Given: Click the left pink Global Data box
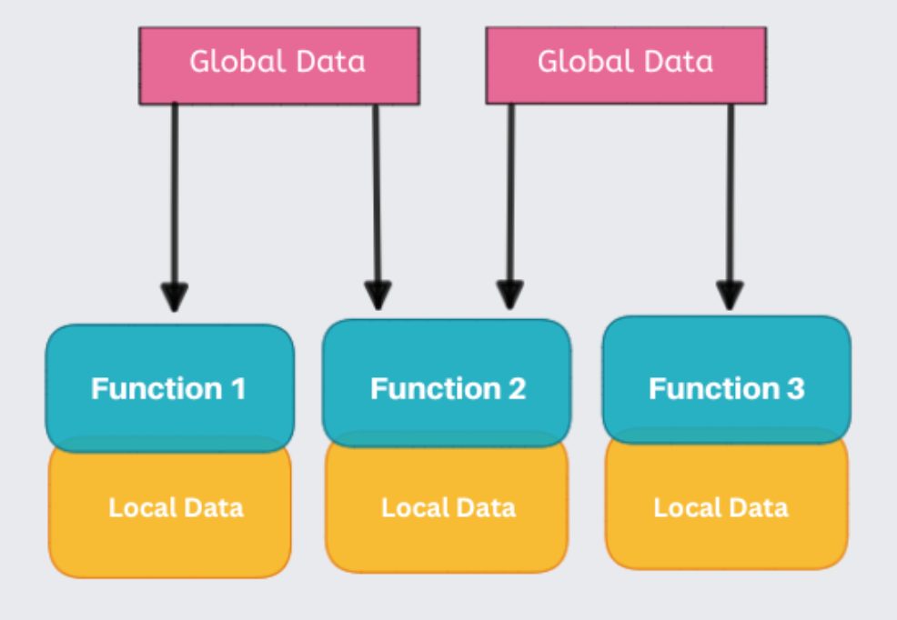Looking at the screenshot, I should (278, 65).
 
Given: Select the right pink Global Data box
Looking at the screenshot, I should (626, 65).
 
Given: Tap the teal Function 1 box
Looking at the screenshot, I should (170, 387).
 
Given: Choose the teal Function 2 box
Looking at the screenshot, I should (447, 387).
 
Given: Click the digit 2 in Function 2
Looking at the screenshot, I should (516, 389).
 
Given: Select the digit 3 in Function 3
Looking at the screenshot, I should (795, 389).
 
